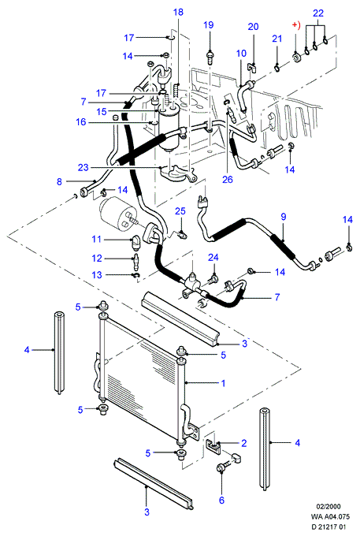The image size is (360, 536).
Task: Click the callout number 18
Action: [x=178, y=13]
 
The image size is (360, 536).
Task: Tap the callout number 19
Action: [x=208, y=24]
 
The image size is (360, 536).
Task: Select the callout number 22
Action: [x=318, y=13]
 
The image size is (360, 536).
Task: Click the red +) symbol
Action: [x=295, y=26]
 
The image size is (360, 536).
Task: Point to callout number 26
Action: [x=228, y=179]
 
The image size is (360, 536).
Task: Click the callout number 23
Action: [x=83, y=167]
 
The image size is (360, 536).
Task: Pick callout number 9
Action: [x=284, y=217]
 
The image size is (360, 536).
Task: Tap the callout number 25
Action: [x=180, y=211]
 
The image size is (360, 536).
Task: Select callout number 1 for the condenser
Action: [x=223, y=383]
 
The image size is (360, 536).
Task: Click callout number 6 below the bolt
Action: [x=221, y=500]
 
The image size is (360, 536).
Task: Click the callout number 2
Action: [x=244, y=443]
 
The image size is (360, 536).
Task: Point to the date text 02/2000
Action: [x=328, y=507]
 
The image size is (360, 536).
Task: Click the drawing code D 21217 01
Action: [x=328, y=527]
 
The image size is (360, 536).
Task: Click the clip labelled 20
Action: [x=252, y=67]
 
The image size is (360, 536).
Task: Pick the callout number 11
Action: [x=97, y=240]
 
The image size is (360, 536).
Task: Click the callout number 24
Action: [x=213, y=258]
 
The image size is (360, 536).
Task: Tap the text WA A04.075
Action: [x=330, y=517]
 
